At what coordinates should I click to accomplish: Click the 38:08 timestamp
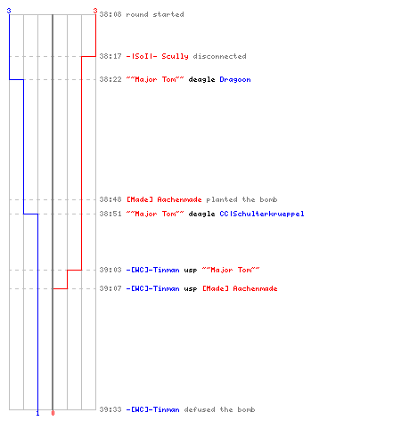point(110,14)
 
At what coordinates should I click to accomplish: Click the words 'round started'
point(155,14)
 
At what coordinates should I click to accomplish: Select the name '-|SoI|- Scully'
point(158,56)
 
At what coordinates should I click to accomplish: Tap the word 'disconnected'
point(220,56)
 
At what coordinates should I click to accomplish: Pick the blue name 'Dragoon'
point(235,80)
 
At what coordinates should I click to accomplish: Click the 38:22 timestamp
point(110,79)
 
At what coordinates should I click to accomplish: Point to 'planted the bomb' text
point(241,199)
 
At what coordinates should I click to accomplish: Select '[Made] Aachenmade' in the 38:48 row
point(164,199)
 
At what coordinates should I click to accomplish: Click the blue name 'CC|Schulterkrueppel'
point(262,214)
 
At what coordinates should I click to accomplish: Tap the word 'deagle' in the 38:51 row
point(201,214)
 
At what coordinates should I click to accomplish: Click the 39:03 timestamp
point(110,270)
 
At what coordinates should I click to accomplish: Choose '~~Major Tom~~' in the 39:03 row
point(231,270)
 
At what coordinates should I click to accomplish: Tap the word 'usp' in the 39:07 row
point(191,289)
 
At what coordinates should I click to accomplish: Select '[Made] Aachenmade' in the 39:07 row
point(240,288)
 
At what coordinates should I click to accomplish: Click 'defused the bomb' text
point(220,409)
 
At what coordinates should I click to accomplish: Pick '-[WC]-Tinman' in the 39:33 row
point(153,409)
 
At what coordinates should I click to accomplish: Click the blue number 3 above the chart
point(9,11)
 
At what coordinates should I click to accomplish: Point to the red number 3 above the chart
point(95,11)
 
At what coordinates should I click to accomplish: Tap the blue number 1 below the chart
point(37,414)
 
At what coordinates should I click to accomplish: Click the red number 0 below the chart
point(53,413)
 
